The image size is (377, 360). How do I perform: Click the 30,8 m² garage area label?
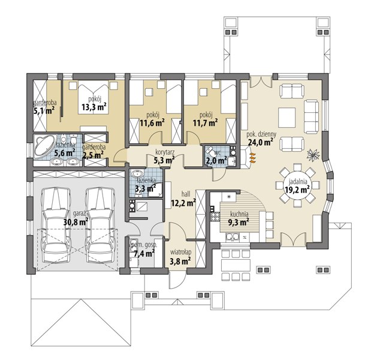[x=76, y=221]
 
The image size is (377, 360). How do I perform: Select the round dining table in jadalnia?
[x=297, y=185]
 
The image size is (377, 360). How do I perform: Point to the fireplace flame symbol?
[x=252, y=158]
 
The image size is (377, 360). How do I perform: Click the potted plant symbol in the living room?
[x=313, y=154]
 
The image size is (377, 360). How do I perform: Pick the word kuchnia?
[x=239, y=214]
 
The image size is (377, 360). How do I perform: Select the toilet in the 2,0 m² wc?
[x=210, y=151]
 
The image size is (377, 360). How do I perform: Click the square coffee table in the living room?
[x=287, y=118]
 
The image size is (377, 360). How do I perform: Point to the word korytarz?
[x=165, y=152]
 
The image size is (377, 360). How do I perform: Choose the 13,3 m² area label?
[x=94, y=107]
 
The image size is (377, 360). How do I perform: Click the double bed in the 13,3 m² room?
[x=93, y=97]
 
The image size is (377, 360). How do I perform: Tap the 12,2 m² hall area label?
[x=183, y=203]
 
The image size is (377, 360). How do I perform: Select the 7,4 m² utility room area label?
[x=144, y=253]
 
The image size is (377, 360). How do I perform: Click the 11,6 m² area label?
[x=152, y=123]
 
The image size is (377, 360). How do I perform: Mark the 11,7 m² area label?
[x=206, y=123]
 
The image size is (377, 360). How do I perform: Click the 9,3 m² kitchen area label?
[x=239, y=223]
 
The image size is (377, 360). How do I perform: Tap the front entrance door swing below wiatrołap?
[x=177, y=280]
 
